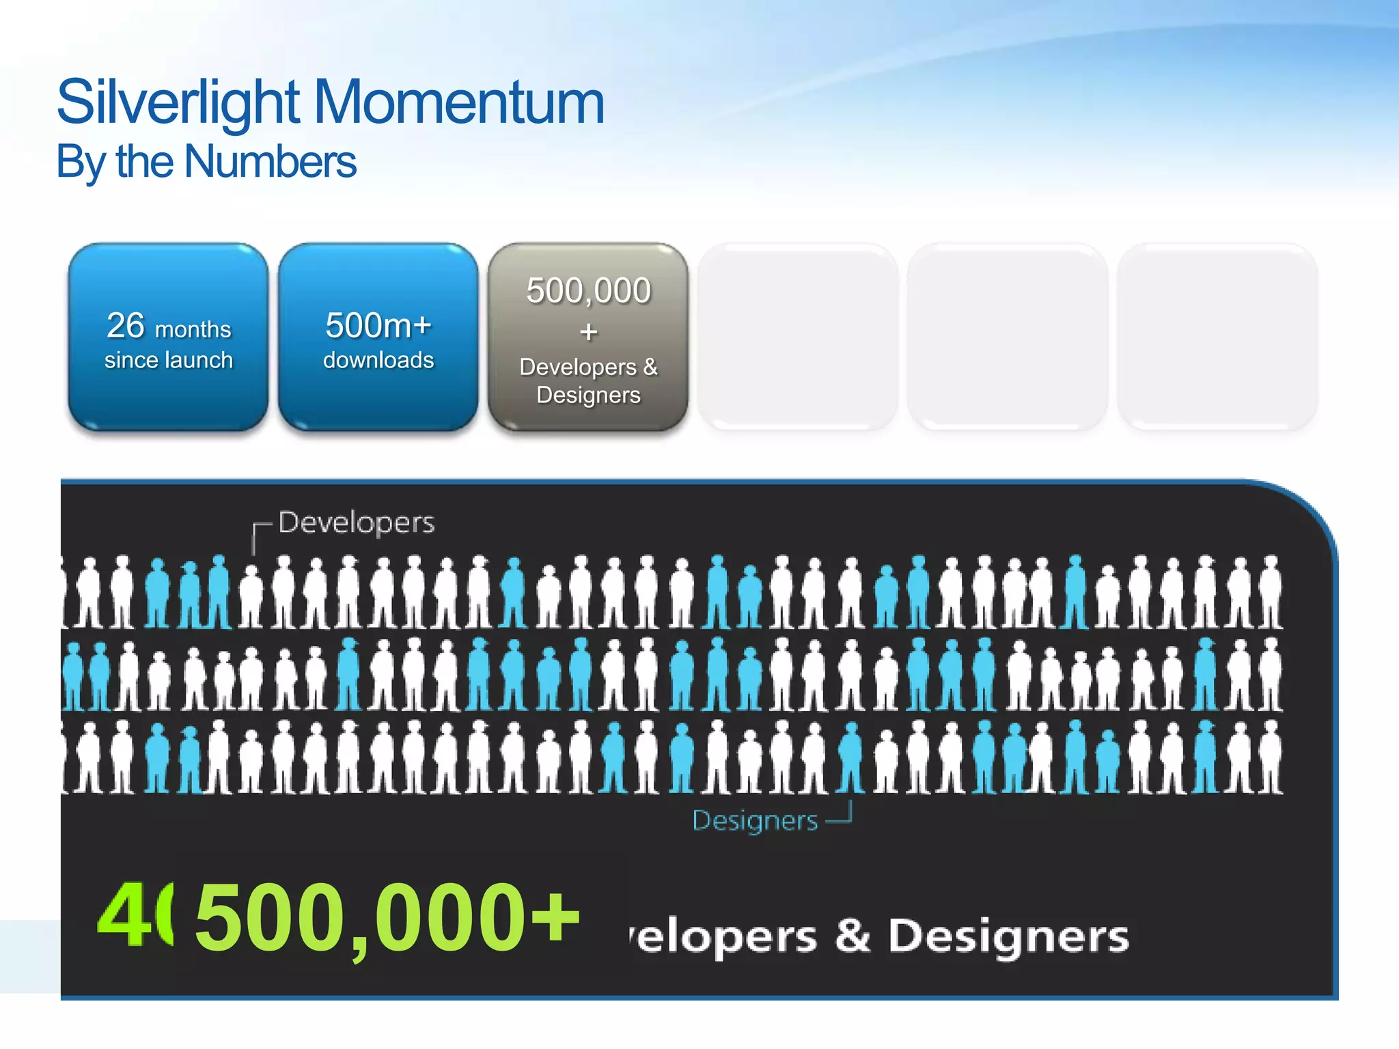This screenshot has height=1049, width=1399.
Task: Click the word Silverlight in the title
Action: [178, 102]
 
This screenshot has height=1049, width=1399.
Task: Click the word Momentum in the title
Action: [459, 102]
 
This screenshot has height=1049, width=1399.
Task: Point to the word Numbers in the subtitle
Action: [270, 162]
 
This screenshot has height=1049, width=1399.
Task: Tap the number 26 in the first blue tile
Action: [126, 325]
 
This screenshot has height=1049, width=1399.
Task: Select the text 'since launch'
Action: [169, 360]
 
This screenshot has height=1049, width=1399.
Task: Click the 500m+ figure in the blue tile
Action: [378, 325]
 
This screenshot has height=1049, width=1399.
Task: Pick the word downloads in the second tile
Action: [378, 360]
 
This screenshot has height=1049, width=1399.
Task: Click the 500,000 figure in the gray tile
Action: [588, 290]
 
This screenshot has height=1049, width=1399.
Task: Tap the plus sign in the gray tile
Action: [588, 332]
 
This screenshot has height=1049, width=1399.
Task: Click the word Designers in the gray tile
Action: [588, 395]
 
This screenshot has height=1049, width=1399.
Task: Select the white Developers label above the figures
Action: [356, 522]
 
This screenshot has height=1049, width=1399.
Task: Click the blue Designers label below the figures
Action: [754, 820]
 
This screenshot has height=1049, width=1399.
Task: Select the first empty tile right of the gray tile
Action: [798, 337]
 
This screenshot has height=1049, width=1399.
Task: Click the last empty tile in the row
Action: [1217, 337]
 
